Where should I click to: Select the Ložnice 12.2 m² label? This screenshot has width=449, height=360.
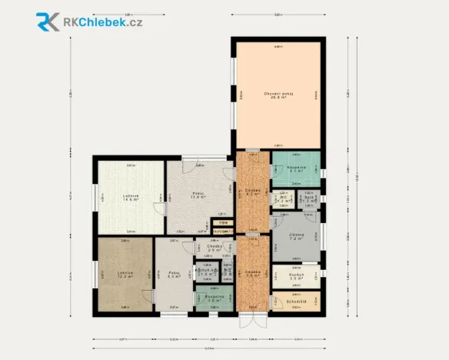point(125,274)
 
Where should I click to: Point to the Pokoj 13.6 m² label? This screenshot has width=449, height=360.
point(198,195)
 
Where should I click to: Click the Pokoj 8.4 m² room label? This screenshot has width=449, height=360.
point(173,274)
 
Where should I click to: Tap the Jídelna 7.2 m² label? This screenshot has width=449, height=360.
point(297,237)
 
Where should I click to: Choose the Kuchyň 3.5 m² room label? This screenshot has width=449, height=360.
point(297,276)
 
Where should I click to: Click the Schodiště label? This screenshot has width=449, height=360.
point(296,302)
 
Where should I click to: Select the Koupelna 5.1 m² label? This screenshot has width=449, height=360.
point(298,169)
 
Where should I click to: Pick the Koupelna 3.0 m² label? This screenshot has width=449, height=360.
point(214,298)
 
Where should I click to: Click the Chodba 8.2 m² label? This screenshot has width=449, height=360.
point(252,192)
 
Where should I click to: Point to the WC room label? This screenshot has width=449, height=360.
point(283,198)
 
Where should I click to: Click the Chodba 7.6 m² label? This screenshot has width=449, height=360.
point(252,274)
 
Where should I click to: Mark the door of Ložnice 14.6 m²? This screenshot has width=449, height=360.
point(158,208)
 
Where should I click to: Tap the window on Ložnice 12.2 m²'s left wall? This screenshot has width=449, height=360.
point(96,274)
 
